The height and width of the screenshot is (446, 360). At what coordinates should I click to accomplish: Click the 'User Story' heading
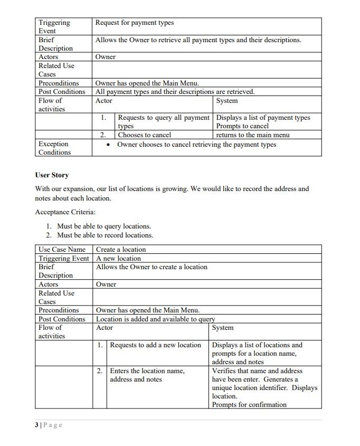coord(52,175)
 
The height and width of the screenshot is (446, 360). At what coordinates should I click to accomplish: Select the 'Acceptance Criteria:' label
coord(65,212)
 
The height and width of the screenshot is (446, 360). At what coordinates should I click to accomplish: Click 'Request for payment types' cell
coord(134,23)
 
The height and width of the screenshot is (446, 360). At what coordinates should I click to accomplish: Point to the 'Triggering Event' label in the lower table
coord(63,259)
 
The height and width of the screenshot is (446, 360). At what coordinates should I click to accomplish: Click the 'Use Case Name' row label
coord(62,250)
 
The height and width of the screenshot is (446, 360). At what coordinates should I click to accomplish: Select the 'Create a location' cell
coord(121,250)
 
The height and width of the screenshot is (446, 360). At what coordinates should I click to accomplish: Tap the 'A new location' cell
coord(118,259)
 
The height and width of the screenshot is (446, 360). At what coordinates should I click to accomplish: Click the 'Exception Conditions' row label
coord(54,148)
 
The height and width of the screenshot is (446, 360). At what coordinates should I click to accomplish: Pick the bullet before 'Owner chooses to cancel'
coord(108,145)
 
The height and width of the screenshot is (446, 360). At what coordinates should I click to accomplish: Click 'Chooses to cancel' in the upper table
coord(145,135)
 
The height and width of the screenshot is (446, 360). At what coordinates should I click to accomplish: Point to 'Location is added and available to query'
coord(155,319)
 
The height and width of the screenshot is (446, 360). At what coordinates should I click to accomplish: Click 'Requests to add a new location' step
coord(155,345)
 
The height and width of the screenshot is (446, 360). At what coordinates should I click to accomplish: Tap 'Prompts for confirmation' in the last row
coord(249,405)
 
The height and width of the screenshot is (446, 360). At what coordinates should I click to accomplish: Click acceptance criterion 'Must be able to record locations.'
coord(105,235)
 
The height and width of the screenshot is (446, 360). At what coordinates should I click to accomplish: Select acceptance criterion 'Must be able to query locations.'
coord(104,226)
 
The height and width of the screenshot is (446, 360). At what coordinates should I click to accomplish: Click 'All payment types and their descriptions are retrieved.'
coord(175,92)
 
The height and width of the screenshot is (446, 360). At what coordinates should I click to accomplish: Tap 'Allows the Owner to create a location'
coord(151,267)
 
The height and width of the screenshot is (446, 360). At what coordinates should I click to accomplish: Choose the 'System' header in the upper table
coord(227,101)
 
